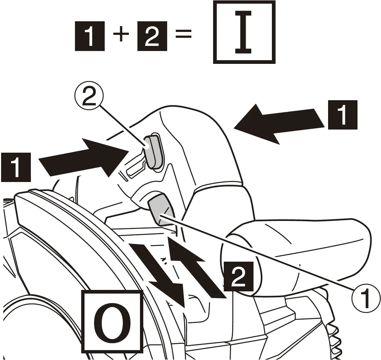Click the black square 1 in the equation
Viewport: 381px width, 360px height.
pos(90,36)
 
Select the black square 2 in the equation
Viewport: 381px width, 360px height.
pos(152,36)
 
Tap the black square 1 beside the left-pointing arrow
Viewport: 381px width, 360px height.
pos(342,114)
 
